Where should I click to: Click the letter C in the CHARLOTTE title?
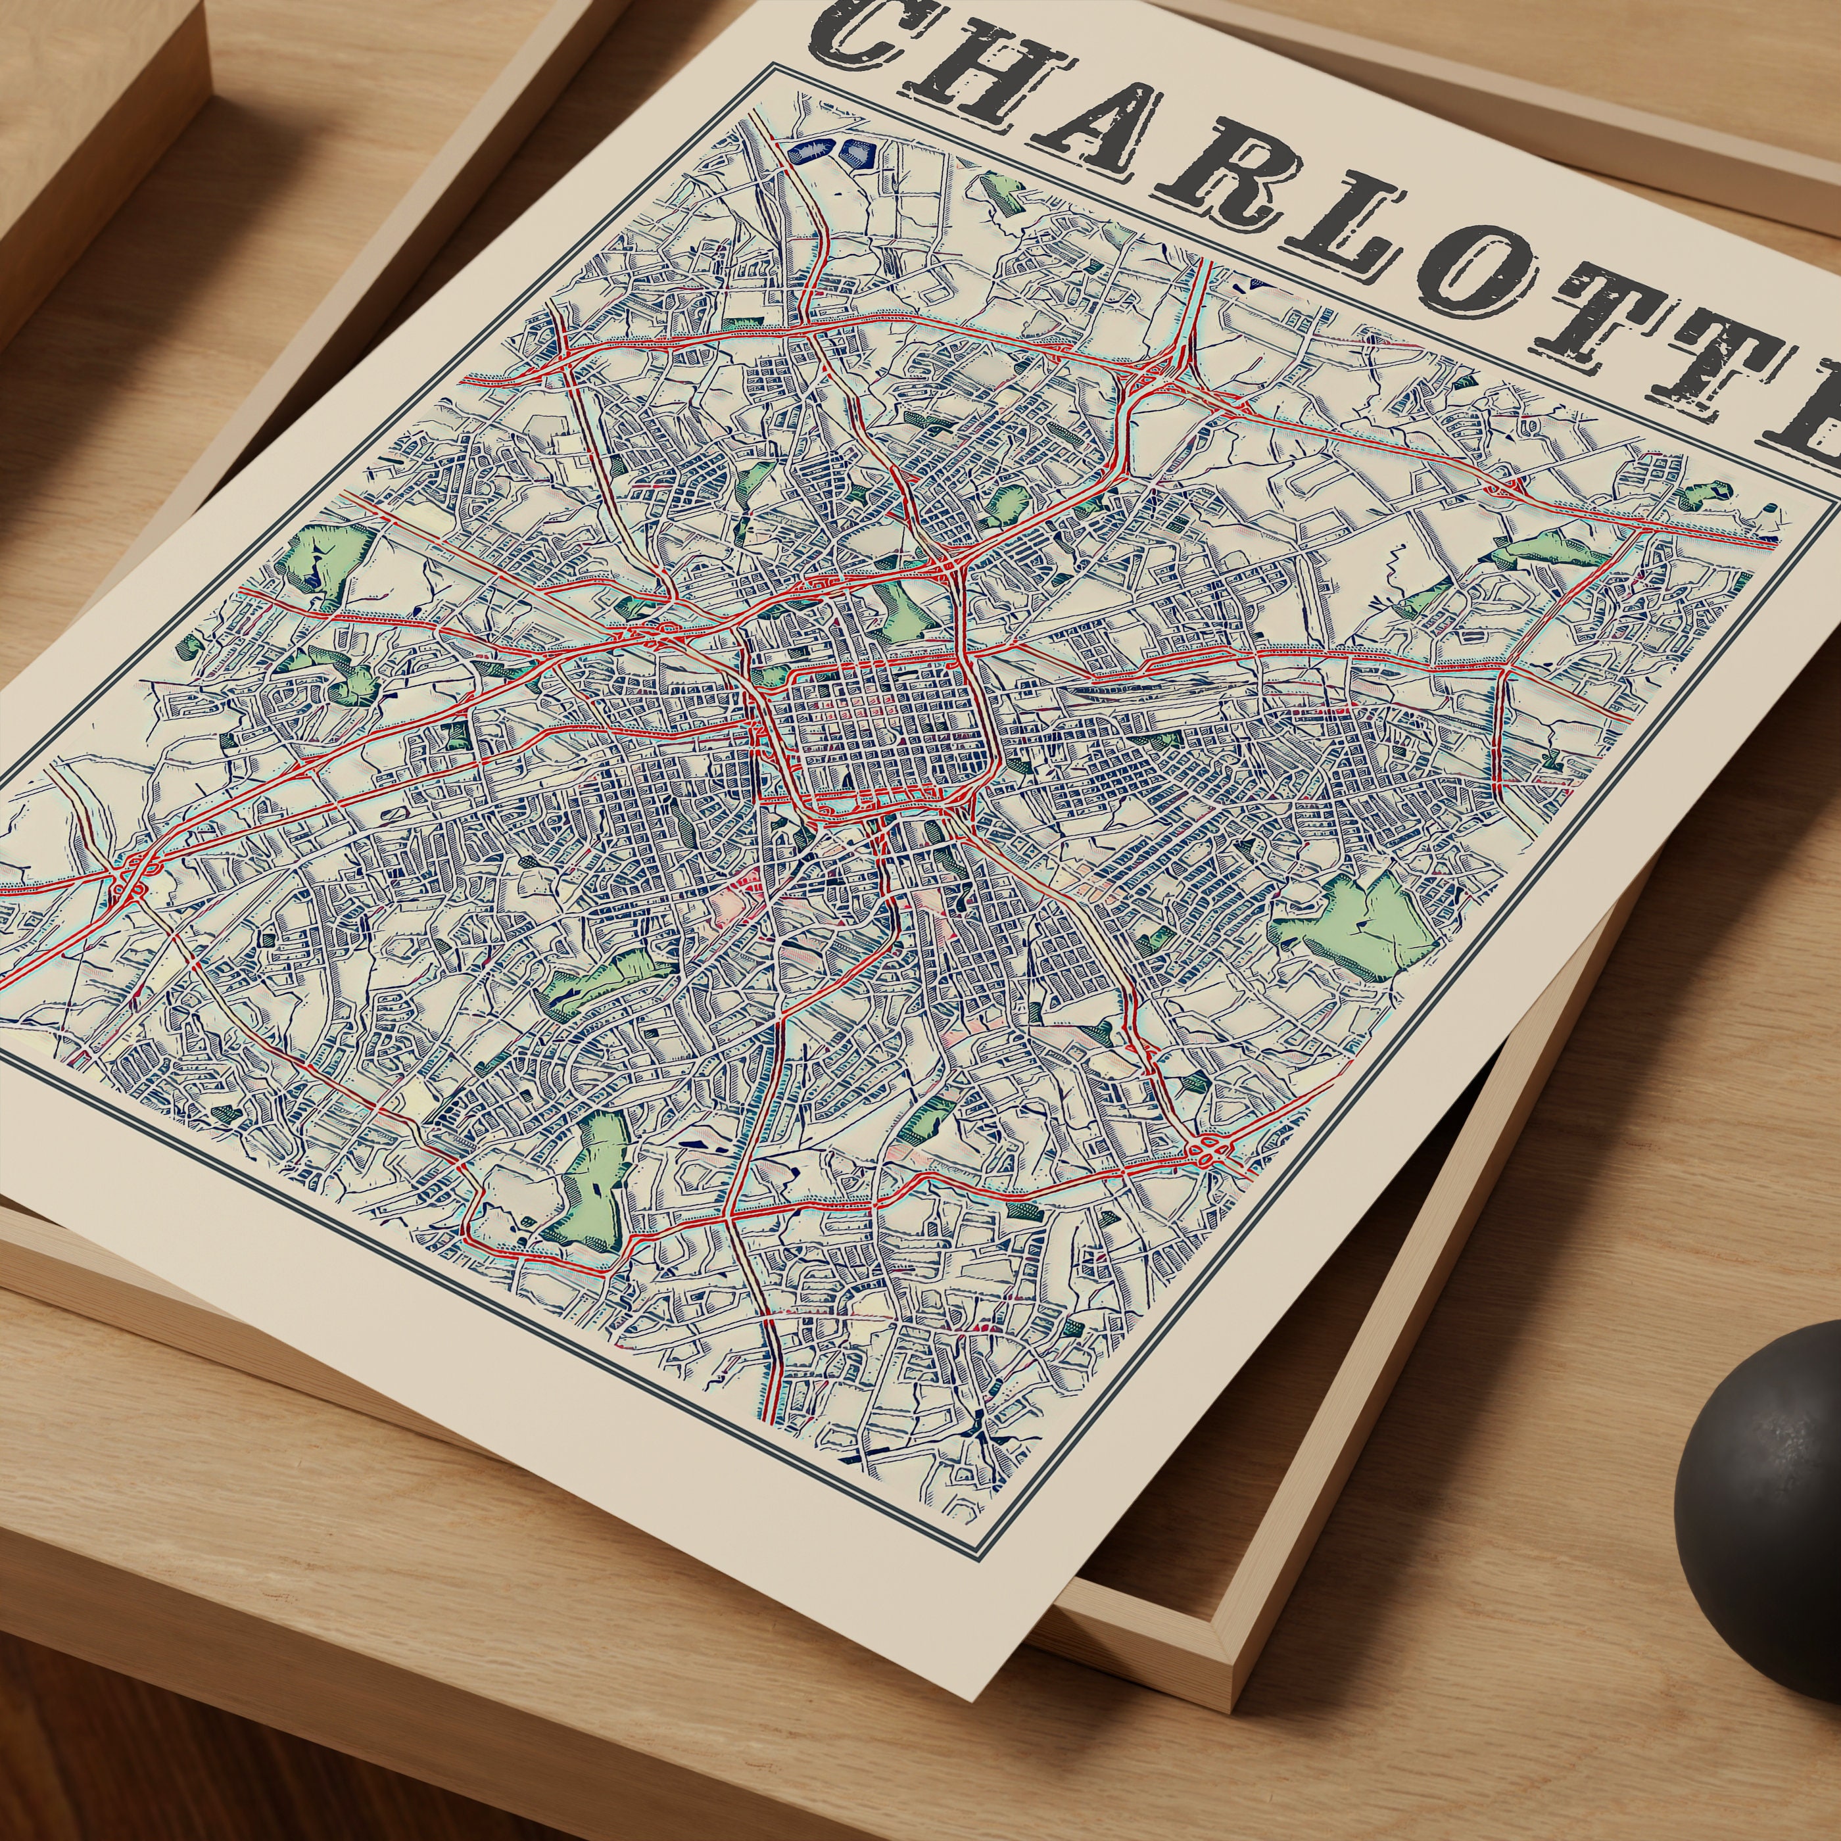pyautogui.click(x=863, y=34)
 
